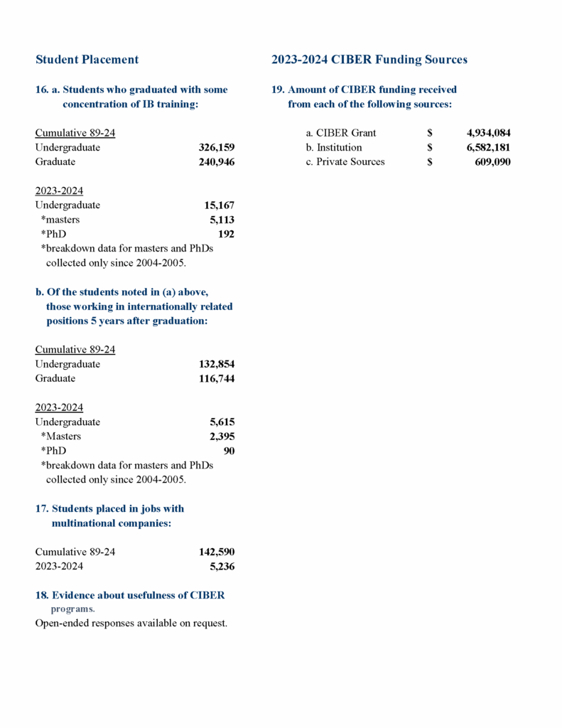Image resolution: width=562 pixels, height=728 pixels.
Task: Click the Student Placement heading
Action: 87,60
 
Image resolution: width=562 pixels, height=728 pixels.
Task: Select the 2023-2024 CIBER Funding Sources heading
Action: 369,60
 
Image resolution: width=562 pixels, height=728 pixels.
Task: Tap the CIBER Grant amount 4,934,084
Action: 488,133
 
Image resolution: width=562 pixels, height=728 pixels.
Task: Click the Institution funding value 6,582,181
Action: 488,147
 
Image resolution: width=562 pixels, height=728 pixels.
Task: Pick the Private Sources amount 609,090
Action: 492,161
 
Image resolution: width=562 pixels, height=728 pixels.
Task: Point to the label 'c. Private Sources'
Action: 345,161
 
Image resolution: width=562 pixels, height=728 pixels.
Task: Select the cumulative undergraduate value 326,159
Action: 216,148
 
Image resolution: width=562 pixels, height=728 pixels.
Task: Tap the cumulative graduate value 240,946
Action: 216,162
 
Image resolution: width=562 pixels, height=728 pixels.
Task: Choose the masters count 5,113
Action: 222,220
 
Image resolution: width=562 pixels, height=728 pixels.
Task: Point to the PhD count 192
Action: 226,234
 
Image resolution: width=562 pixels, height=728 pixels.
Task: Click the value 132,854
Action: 216,364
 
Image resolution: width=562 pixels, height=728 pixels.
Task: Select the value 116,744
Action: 216,378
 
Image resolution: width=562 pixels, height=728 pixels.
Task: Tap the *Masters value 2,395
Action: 222,437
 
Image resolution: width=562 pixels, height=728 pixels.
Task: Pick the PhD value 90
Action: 229,451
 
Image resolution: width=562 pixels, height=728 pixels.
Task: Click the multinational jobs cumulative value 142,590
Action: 216,552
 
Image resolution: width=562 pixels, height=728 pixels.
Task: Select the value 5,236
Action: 222,567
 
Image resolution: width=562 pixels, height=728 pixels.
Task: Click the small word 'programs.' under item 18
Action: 72,609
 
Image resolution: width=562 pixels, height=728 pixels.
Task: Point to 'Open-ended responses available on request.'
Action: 131,623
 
